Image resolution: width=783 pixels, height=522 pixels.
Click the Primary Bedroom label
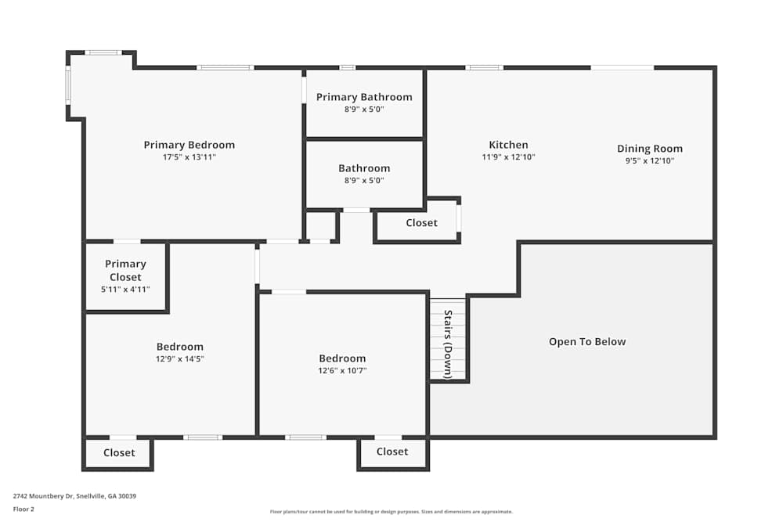click(x=189, y=145)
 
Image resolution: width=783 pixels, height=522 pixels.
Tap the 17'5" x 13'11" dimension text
click(x=189, y=157)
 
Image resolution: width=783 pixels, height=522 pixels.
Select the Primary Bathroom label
click(x=365, y=97)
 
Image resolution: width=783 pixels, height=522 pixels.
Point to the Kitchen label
click(x=508, y=145)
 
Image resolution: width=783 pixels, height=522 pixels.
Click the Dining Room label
click(x=650, y=149)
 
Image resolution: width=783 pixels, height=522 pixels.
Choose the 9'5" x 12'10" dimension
click(x=650, y=160)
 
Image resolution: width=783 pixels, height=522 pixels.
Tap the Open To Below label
click(x=587, y=342)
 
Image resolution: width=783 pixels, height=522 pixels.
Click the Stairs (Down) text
click(x=448, y=344)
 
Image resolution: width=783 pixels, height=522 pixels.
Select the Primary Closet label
click(x=125, y=271)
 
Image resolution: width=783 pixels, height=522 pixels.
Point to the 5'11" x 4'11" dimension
click(x=125, y=290)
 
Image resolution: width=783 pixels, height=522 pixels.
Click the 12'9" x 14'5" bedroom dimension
click(x=180, y=358)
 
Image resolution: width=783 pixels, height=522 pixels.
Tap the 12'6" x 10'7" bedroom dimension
click(x=343, y=371)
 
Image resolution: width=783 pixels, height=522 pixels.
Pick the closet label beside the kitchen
click(x=421, y=223)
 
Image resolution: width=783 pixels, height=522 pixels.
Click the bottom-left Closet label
click(x=119, y=452)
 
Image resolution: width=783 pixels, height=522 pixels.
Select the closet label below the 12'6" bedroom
click(x=392, y=452)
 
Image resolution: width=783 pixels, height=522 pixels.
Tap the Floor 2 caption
click(x=23, y=509)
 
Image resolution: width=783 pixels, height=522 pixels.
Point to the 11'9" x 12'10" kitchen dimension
click(x=508, y=157)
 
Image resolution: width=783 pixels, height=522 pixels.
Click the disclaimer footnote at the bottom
click(x=391, y=512)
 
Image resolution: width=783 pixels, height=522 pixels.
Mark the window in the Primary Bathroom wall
click(x=348, y=67)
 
